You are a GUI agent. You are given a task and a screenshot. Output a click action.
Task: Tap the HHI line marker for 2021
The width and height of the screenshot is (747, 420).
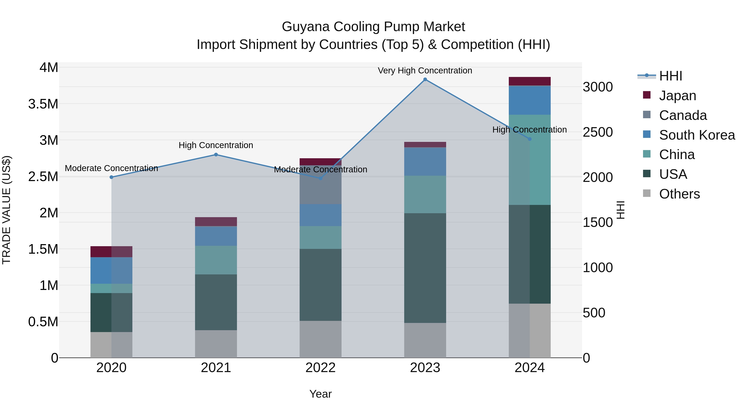[x=216, y=155]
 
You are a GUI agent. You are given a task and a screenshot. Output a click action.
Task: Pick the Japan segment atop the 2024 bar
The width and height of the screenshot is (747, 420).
[x=530, y=81]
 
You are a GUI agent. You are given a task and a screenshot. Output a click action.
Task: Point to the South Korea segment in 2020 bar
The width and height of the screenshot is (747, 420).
[x=111, y=270]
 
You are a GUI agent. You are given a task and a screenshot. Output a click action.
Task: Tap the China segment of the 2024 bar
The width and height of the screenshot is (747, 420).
[x=530, y=160]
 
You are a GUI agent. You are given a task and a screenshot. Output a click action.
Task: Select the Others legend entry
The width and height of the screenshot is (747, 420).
[x=679, y=194]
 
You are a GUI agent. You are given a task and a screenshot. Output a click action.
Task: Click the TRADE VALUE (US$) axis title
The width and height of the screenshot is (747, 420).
[x=7, y=210]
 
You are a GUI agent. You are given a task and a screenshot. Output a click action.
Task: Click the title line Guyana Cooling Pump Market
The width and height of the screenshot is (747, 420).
[x=373, y=27]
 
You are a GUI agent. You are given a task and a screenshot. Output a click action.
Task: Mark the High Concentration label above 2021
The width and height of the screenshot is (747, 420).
[x=216, y=145]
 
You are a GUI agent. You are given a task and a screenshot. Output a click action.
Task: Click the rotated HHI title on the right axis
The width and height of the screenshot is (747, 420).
[x=620, y=210]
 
